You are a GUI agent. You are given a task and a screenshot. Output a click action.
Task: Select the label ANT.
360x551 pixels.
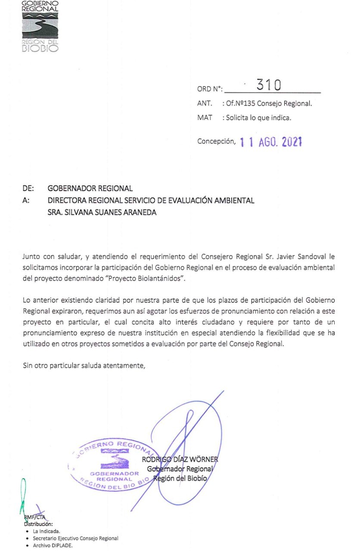pyautogui.click(x=204, y=104)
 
